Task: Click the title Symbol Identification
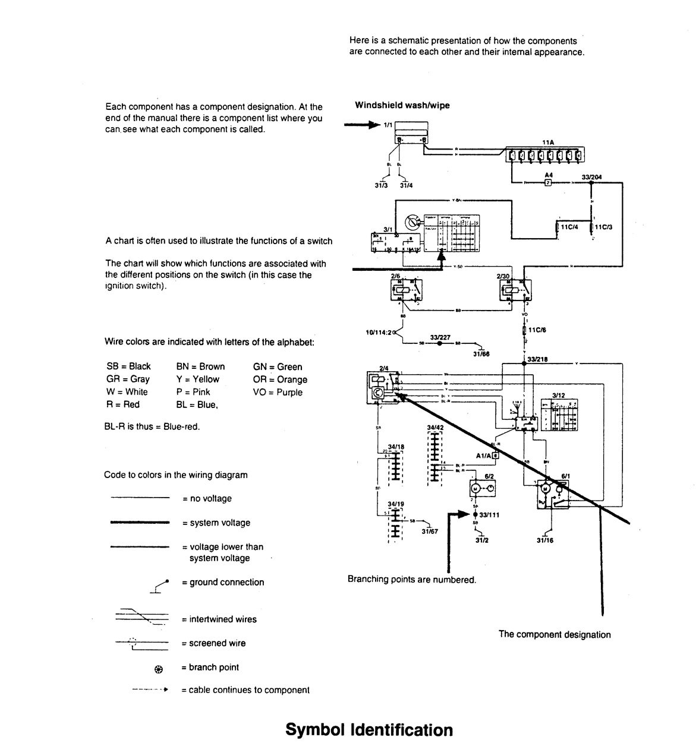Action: [369, 730]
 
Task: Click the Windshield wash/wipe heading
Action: [402, 105]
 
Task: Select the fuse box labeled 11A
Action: [545, 156]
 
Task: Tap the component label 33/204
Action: [591, 177]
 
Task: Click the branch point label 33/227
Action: [440, 337]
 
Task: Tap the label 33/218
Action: [538, 359]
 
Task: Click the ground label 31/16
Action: [544, 540]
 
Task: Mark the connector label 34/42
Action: [435, 427]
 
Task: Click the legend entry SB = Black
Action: [128, 366]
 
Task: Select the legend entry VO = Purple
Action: [277, 392]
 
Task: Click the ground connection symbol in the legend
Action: [158, 586]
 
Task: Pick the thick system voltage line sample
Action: [140, 523]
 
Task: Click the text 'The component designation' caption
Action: [555, 634]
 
